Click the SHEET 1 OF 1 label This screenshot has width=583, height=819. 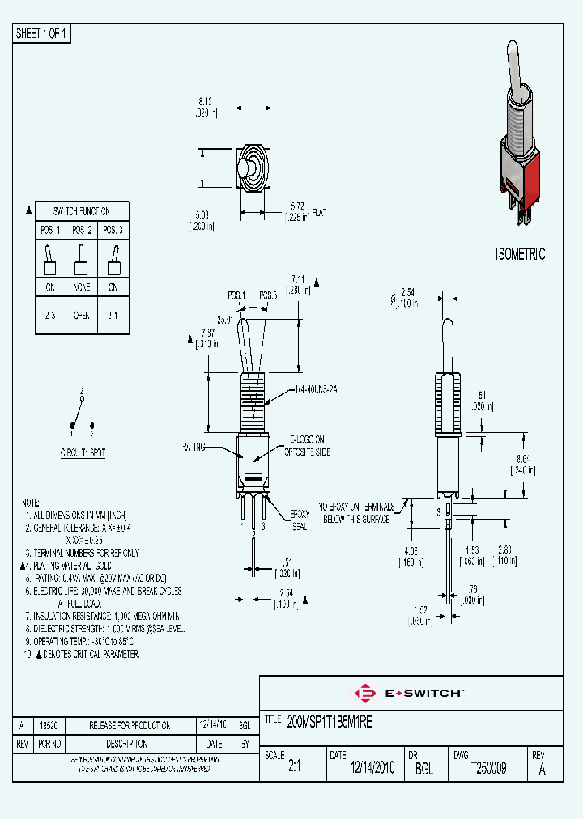(x=42, y=33)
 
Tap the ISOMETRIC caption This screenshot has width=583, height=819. (x=520, y=254)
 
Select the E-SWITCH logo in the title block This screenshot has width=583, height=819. (x=410, y=694)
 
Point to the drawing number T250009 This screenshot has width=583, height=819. (x=488, y=769)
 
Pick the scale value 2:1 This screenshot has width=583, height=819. (x=294, y=769)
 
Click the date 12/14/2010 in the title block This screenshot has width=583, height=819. (x=372, y=769)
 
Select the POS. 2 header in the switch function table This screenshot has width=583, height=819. (x=82, y=230)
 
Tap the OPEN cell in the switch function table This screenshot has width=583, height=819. (x=82, y=315)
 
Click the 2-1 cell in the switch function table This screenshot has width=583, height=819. (x=113, y=315)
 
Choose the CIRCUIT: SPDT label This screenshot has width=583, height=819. (x=82, y=453)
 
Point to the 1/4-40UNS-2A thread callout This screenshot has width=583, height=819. (x=315, y=389)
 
